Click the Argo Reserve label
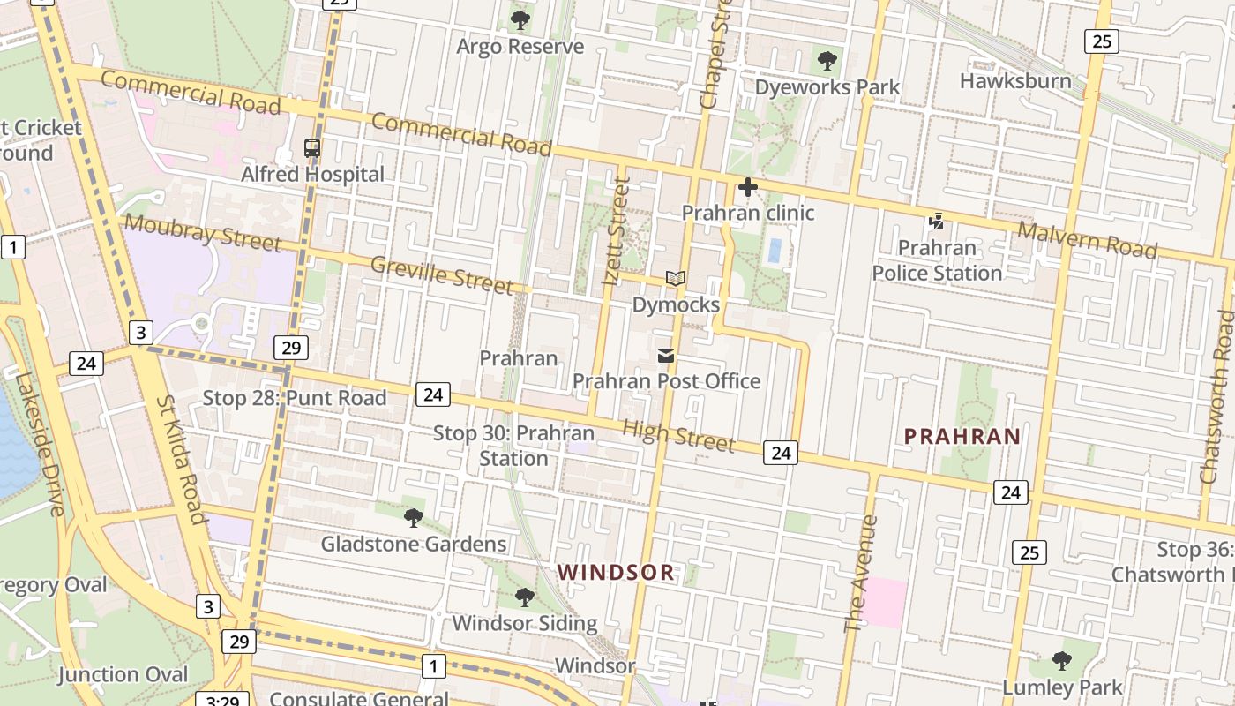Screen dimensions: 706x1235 point(520,47)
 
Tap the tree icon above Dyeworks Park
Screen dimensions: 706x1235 point(827,61)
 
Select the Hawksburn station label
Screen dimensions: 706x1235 point(1015,81)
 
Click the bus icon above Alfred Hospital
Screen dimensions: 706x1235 point(312,148)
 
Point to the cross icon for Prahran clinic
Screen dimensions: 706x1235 point(748,187)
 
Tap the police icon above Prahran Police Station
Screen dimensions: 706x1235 point(936,222)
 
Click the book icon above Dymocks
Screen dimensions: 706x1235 point(676,279)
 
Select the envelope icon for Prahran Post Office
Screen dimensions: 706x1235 point(666,356)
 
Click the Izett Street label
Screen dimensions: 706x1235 point(617,231)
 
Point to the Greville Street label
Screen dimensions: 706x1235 point(441,274)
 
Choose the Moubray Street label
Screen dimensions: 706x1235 point(202,233)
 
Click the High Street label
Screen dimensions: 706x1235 point(678,435)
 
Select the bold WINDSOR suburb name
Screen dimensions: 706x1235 point(616,573)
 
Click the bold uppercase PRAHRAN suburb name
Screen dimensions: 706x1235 point(962,436)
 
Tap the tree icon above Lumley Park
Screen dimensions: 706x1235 point(1062,660)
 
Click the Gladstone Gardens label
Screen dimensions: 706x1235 point(413,544)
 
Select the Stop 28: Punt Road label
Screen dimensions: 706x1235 point(295,398)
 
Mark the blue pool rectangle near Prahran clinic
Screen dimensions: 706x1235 point(775,251)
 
